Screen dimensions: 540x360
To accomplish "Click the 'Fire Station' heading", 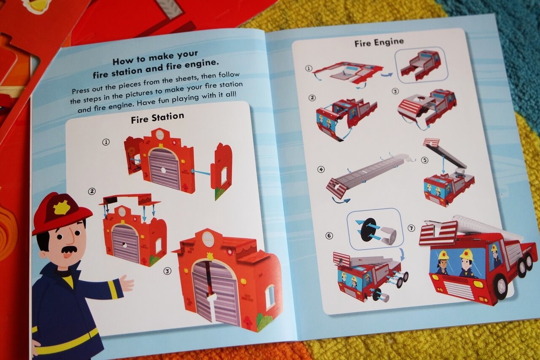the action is (x=157, y=118).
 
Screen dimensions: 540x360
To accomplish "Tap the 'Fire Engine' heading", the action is (x=379, y=43).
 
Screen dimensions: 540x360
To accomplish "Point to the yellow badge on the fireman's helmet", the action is (x=62, y=207).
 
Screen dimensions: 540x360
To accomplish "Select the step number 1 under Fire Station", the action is (x=105, y=142).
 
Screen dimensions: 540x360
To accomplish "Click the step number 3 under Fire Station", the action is (x=167, y=271).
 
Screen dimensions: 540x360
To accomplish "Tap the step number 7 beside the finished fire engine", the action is (x=411, y=228).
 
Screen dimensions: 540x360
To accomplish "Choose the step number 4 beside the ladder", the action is (x=321, y=169).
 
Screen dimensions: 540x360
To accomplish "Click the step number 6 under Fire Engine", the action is (x=329, y=235).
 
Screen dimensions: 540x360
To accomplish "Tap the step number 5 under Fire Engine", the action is (x=425, y=160).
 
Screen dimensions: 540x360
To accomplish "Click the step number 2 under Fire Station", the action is (x=92, y=191).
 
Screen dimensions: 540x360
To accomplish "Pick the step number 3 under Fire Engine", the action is (x=395, y=91).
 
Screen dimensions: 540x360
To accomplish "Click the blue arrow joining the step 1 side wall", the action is (x=201, y=172).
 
